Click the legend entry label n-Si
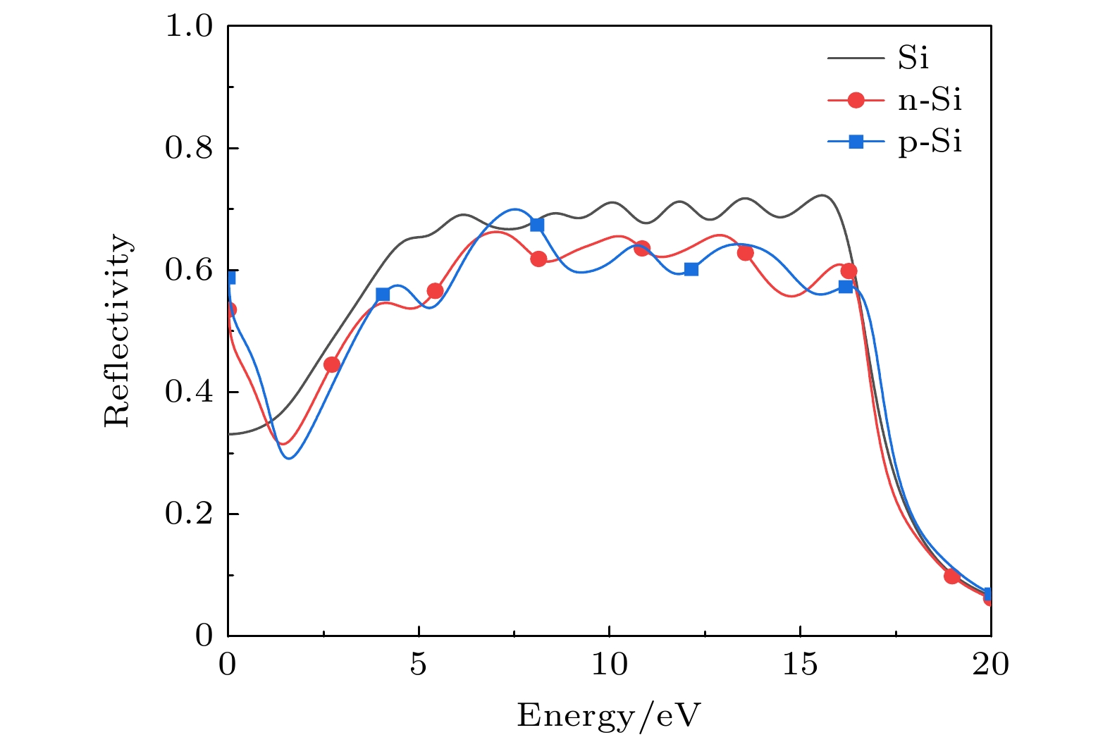click(x=930, y=101)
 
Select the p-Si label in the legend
click(x=930, y=143)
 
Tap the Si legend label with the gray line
click(x=913, y=58)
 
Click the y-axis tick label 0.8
click(x=188, y=149)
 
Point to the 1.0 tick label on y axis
click(x=188, y=27)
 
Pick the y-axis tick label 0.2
click(x=188, y=514)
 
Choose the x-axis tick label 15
click(x=801, y=664)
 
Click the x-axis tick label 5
click(x=419, y=664)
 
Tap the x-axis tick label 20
click(x=991, y=664)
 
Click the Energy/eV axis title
click(x=609, y=716)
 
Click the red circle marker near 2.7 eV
click(x=332, y=364)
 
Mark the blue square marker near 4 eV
click(x=383, y=294)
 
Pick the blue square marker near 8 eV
click(x=537, y=225)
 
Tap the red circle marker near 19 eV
click(x=952, y=576)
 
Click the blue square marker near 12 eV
click(x=691, y=269)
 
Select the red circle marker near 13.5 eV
click(x=746, y=253)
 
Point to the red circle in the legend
click(x=856, y=101)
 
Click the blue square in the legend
click(x=856, y=142)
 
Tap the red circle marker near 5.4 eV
click(x=435, y=291)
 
